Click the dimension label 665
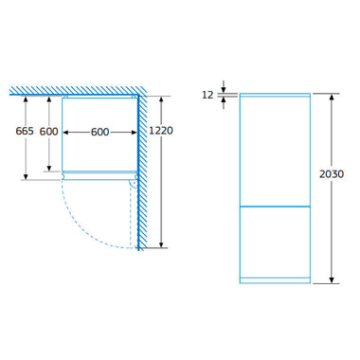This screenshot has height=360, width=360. tap(25, 131)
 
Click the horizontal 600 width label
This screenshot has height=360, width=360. tap(100, 132)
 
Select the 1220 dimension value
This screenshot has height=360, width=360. tap(161, 131)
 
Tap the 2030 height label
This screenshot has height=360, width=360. tap(332, 174)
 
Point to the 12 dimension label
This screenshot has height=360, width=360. tap(207, 95)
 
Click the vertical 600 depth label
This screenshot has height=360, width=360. tap(48, 132)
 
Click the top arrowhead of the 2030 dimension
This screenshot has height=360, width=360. tap(332, 98)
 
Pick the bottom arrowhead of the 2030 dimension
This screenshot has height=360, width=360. tap(332, 279)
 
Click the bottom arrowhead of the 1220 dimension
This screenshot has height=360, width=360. tap(161, 244)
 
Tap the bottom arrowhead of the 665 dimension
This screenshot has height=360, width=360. tap(26, 176)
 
